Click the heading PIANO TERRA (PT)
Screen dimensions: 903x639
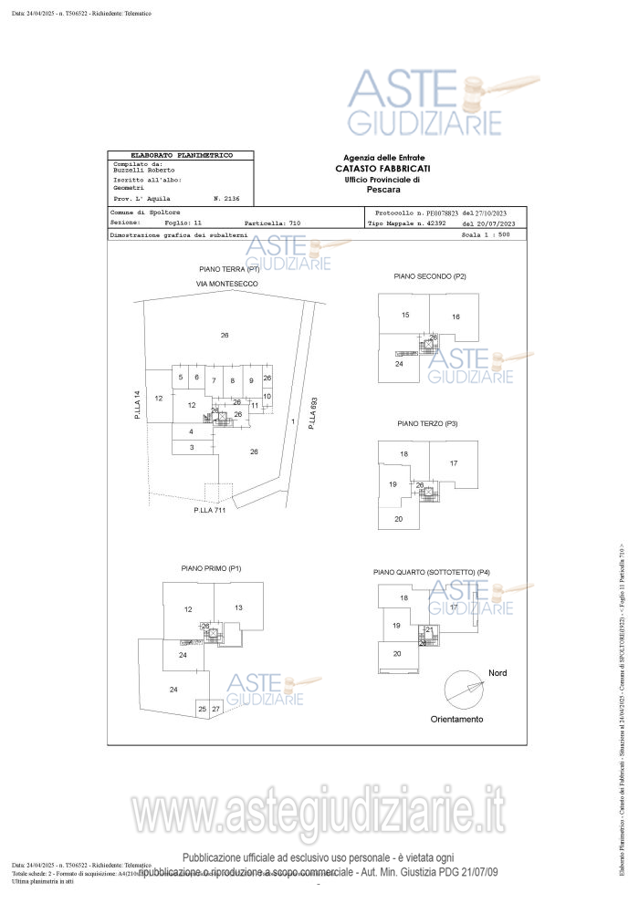pos(229,270)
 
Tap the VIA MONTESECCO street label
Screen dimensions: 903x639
pos(227,285)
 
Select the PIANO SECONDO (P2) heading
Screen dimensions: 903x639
pos(430,276)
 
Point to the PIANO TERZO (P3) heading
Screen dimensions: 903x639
pos(427,424)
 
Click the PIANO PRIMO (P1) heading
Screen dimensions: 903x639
pos(211,568)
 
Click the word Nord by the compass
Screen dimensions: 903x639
pos(498,672)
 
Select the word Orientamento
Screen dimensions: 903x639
pos(457,719)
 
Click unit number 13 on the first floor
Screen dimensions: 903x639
pos(238,607)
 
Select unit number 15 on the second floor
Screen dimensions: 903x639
pos(405,315)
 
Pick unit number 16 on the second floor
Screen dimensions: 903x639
pos(456,317)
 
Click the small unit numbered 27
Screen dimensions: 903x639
pos(215,709)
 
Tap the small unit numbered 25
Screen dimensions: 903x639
pos(202,709)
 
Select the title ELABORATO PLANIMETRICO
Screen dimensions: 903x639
pos(182,156)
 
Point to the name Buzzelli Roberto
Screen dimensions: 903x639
pos(144,171)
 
